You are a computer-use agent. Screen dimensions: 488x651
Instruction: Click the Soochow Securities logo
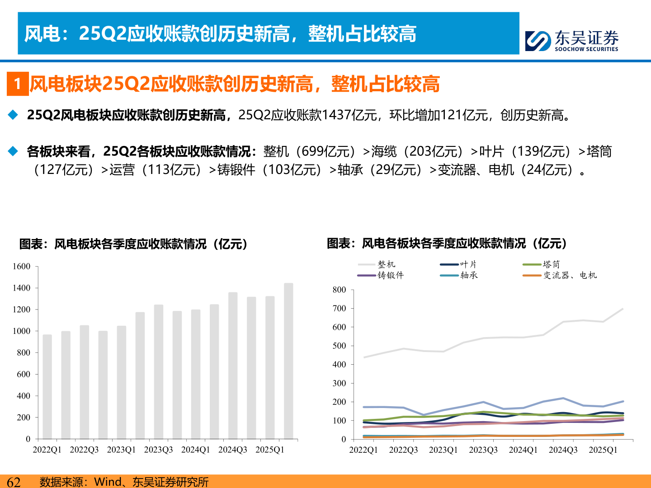pos(572,41)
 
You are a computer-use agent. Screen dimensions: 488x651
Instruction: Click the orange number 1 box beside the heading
pos(18,84)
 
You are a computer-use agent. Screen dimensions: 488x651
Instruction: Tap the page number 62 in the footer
pos(14,482)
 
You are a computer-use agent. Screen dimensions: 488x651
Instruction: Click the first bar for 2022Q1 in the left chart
pos(47,386)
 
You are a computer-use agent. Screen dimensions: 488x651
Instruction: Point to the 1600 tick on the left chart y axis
pos(21,267)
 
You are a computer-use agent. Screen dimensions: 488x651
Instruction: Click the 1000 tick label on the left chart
pos(21,331)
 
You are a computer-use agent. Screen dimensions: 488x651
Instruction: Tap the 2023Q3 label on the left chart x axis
pos(158,450)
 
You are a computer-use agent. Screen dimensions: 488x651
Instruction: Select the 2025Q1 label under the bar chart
pos(270,450)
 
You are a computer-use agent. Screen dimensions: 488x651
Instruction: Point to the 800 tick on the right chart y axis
pos(339,290)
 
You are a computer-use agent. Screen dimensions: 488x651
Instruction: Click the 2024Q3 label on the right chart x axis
pos(563,450)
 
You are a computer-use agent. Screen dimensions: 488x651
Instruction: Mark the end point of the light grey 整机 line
pos(623,309)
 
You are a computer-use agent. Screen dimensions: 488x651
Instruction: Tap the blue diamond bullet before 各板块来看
pos(13,151)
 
